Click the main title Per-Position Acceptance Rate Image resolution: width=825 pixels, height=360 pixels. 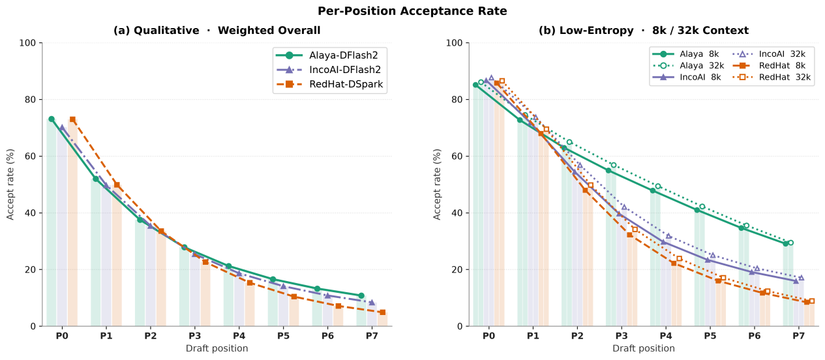click(x=412, y=11)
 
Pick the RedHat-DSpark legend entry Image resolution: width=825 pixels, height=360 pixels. click(x=329, y=84)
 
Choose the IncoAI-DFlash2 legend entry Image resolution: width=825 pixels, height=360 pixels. click(x=329, y=70)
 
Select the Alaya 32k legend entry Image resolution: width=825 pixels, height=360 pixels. click(x=688, y=66)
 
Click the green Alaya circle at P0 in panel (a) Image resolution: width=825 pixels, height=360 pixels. click(x=52, y=119)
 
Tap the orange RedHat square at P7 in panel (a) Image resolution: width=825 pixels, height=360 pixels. click(x=383, y=312)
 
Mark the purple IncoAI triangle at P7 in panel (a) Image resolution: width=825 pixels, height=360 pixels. click(x=372, y=303)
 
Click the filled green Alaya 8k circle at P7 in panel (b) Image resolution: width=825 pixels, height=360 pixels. click(x=786, y=243)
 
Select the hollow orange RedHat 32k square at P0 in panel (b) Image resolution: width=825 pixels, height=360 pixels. click(x=502, y=81)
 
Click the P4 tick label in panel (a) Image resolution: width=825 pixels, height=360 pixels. click(x=239, y=336)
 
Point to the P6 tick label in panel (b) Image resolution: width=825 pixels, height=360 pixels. click(x=755, y=336)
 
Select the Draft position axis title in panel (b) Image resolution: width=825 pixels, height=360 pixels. click(x=644, y=348)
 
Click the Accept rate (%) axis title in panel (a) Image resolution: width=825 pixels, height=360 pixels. click(x=10, y=185)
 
